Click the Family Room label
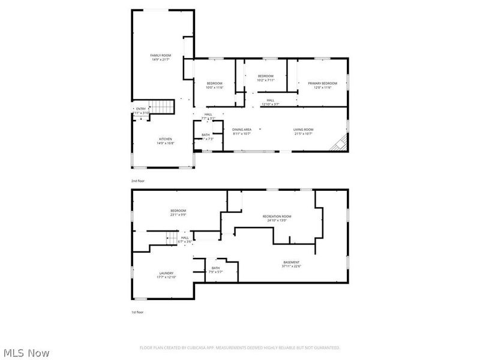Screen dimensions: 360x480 coord(161,55)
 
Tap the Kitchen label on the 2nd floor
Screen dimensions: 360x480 coord(166,139)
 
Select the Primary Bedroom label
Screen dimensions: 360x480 coord(323,83)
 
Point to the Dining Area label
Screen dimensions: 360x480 coord(242,130)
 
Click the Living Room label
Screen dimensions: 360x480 coord(304,130)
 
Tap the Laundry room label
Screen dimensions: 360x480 coord(166,273)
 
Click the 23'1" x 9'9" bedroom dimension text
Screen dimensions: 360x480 coord(178,215)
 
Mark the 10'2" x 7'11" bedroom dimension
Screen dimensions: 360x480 coord(266,80)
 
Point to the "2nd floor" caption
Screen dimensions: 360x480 coord(138,181)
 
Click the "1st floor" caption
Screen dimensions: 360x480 coord(138,312)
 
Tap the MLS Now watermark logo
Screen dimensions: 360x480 coord(26,353)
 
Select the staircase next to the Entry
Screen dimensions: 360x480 coord(161,107)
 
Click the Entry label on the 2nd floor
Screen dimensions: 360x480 coord(140,109)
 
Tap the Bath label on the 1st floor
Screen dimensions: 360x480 coord(215,268)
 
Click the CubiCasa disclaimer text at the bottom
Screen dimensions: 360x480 coord(240,347)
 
